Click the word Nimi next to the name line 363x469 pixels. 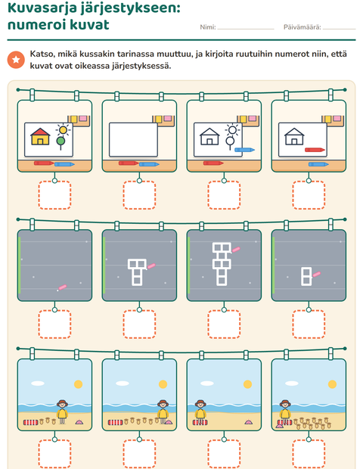208,27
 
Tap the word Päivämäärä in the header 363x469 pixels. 302,27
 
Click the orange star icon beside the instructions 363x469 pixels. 16,60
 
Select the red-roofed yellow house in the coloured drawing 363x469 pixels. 40,136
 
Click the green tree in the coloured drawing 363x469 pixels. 60,143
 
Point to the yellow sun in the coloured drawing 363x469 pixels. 63,130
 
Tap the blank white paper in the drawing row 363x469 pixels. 133,140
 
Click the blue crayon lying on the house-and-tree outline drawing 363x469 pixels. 244,150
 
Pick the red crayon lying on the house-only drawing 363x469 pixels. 315,150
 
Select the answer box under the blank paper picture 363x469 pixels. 139,195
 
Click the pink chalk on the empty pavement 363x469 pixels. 63,287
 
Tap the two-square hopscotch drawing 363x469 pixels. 306,276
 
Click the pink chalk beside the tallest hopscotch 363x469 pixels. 236,250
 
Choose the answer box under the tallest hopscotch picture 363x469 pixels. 224,325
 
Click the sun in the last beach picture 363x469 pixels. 332,384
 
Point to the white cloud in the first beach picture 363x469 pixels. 38,384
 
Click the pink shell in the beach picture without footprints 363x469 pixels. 249,422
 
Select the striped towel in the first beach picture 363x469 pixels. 31,422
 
